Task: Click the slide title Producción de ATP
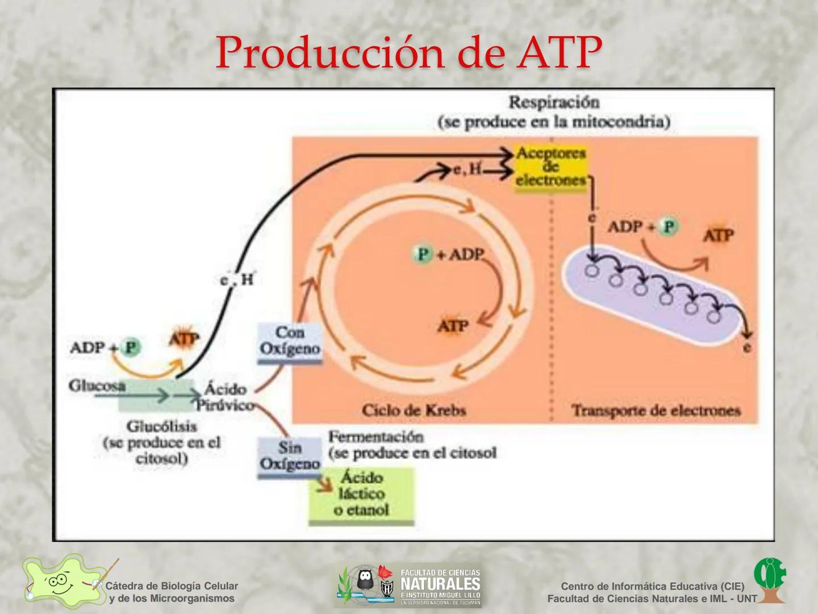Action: [408, 53]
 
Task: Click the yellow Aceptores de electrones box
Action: [550, 167]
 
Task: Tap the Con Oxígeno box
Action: [290, 341]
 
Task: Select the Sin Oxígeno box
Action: [290, 456]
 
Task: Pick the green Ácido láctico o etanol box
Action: [361, 494]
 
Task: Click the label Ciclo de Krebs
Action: [414, 410]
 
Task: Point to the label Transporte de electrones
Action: [656, 410]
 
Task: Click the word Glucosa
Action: [97, 386]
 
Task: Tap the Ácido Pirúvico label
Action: [225, 397]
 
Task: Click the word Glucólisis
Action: [161, 426]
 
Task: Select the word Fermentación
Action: [376, 437]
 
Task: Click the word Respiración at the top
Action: [554, 102]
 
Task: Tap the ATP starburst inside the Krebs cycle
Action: [453, 326]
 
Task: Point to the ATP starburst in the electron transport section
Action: [719, 235]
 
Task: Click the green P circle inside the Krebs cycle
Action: [423, 254]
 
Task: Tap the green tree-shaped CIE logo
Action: [770, 580]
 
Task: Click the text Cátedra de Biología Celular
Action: [172, 586]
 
